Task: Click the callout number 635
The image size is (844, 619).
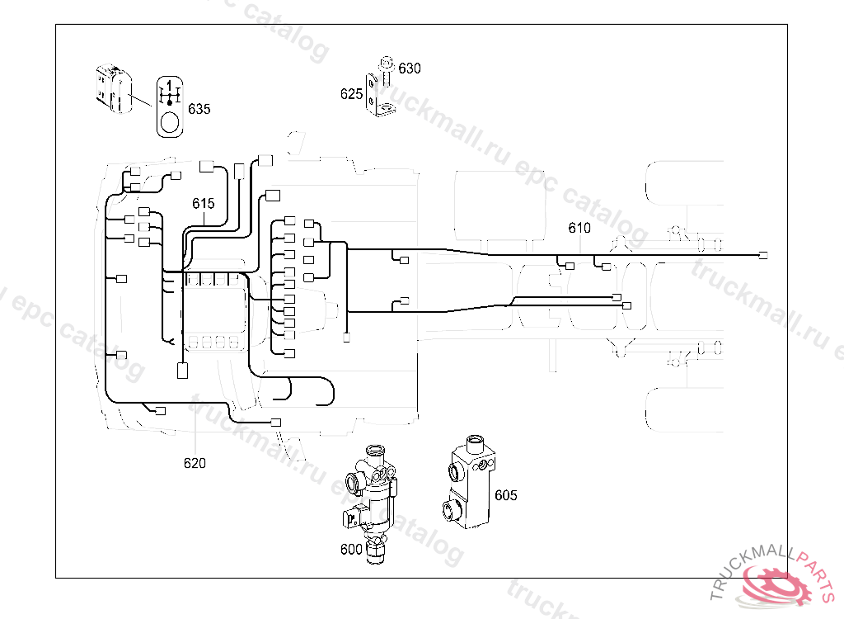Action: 199,109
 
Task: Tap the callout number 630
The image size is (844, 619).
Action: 410,69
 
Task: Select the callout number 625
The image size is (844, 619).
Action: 351,94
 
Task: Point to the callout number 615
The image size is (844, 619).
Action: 204,203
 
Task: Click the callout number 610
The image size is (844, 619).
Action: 579,228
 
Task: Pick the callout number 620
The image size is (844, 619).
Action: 195,463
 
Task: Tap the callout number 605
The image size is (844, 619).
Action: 505,495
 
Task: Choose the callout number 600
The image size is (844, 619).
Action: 351,549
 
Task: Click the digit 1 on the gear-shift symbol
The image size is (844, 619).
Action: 170,85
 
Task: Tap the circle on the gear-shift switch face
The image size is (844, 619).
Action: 170,122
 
